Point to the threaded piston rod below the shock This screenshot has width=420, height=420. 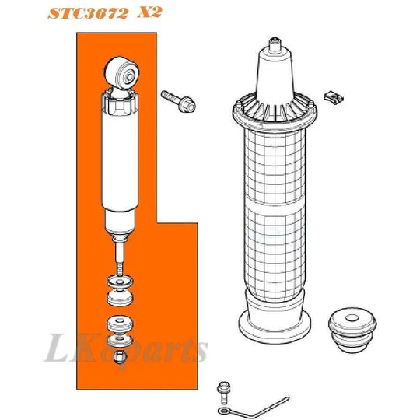121,253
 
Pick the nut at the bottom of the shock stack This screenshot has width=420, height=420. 120,357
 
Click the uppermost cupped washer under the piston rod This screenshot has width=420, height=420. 120,282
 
